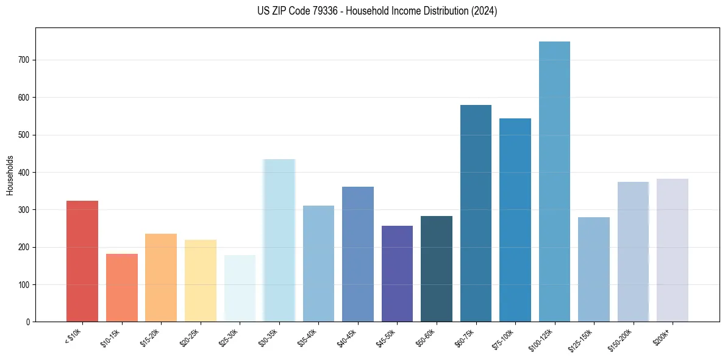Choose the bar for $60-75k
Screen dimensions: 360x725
click(x=476, y=214)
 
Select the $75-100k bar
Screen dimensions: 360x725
click(x=515, y=220)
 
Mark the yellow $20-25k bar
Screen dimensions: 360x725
click(x=201, y=281)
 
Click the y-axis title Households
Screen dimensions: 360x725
click(x=10, y=175)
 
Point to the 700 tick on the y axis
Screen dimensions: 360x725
click(x=26, y=60)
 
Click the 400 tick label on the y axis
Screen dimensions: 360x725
click(x=26, y=172)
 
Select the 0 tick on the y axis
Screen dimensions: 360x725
click(x=29, y=322)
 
